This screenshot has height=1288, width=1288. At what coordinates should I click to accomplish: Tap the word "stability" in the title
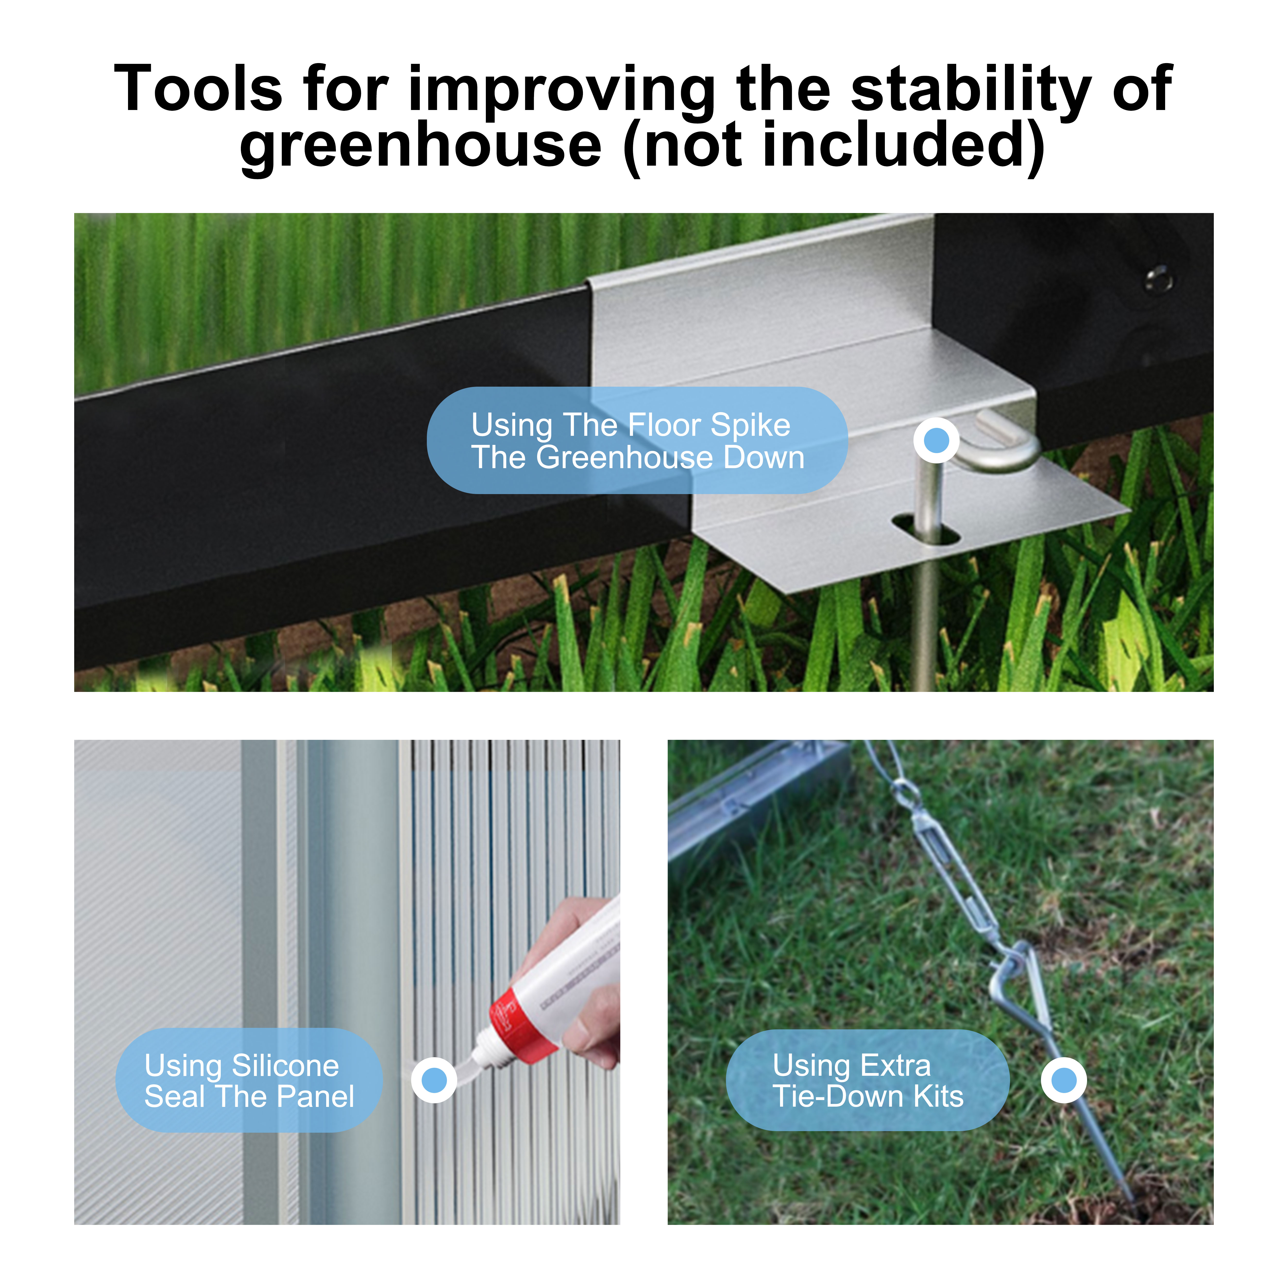[x=971, y=89]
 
